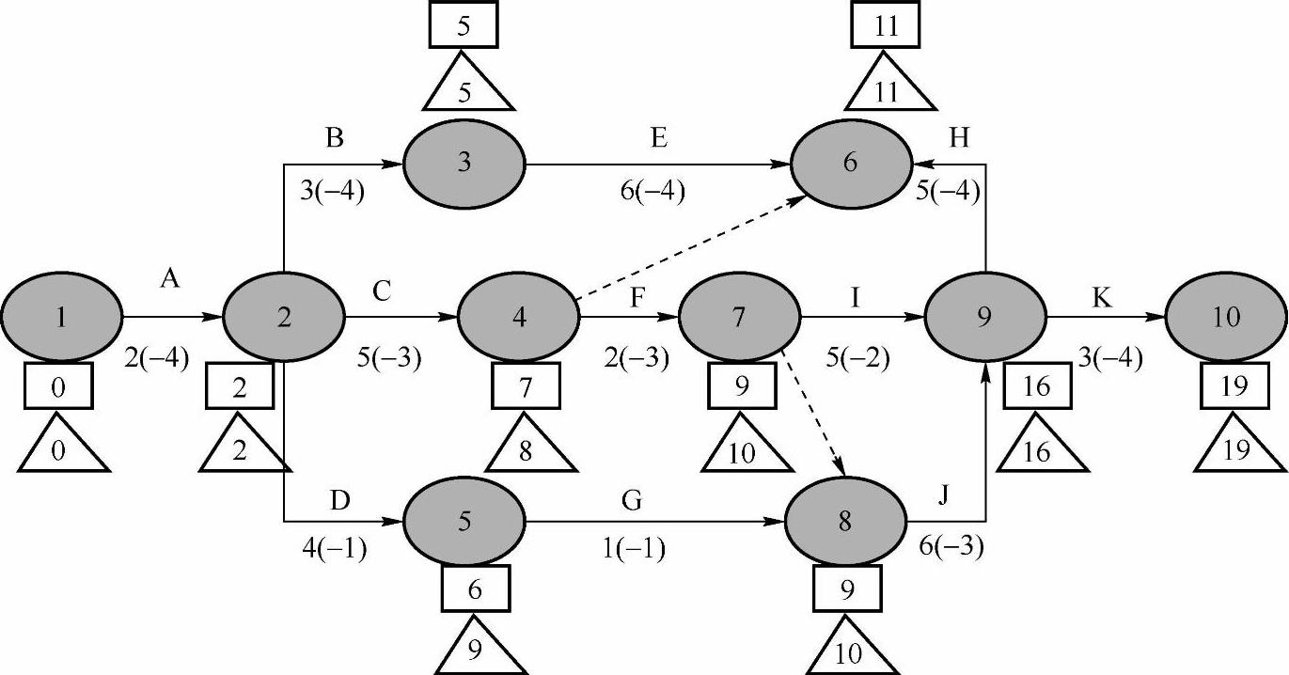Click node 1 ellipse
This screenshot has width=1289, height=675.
[61, 318]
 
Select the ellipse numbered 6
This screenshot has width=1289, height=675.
[849, 163]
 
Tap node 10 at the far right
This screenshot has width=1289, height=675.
[1225, 318]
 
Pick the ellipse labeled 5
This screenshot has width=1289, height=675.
[464, 520]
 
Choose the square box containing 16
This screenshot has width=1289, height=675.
[1037, 386]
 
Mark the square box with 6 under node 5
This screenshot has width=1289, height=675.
[476, 589]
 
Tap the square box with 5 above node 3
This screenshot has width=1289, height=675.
[463, 26]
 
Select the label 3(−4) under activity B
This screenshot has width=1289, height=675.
[331, 193]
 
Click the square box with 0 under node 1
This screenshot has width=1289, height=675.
[58, 386]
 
